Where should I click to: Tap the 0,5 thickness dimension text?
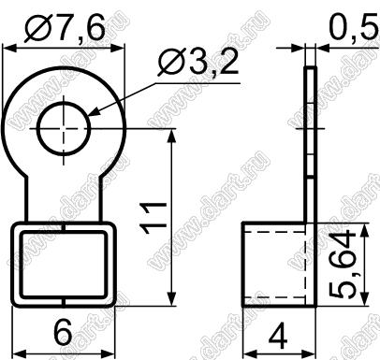coord(352,29)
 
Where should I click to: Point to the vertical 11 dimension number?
coord(153,218)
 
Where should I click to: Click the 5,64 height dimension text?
coord(342,264)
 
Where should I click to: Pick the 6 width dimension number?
coord(63,332)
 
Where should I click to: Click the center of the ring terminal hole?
coord(64,128)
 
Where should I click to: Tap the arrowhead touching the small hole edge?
coord(95,113)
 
